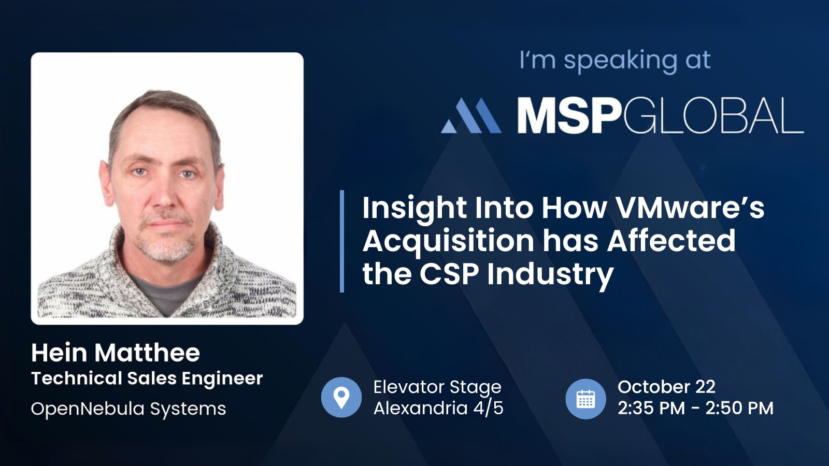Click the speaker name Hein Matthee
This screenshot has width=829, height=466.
coord(116,353)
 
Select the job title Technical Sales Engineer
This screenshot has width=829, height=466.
coord(147,378)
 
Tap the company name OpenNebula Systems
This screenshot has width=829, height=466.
coord(128,409)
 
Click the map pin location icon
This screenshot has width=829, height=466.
coord(341,398)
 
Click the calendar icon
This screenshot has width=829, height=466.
coord(585,399)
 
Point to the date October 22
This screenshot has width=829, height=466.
coord(666,387)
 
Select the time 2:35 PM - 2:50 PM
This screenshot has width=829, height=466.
coord(695,409)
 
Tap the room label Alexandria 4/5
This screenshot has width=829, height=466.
coord(438,409)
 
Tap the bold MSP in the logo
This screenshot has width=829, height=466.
coord(568,115)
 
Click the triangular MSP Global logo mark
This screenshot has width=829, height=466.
coord(471,115)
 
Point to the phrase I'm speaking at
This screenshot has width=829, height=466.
coord(615,60)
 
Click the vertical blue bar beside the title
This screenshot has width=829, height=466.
coord(342,241)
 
